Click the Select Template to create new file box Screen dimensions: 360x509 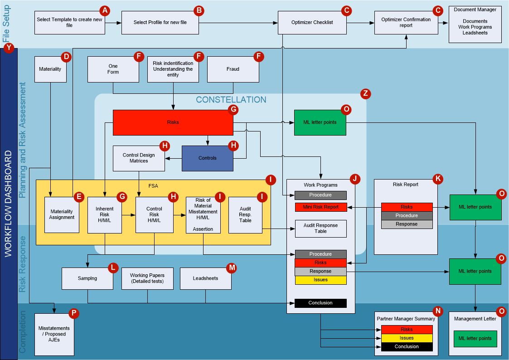[70, 22]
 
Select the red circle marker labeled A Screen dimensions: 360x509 [105, 10]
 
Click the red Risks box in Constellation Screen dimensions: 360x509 [173, 122]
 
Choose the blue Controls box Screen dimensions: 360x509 [207, 158]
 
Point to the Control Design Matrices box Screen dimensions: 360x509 [139, 158]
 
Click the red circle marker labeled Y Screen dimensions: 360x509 [9, 48]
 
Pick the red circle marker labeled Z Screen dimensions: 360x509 [365, 94]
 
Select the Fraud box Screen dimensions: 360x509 [233, 69]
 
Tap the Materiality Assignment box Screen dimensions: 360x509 [62, 214]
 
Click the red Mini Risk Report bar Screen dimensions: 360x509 [320, 207]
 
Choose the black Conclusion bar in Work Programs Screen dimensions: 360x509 [320, 303]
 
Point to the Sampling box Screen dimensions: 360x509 [87, 278]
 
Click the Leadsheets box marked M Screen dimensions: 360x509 [205, 278]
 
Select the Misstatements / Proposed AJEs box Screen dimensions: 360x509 [54, 333]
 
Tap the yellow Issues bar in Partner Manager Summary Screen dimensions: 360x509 [407, 338]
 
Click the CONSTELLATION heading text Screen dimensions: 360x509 [231, 100]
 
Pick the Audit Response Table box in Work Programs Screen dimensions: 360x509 [320, 229]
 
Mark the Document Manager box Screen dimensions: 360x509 [475, 24]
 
